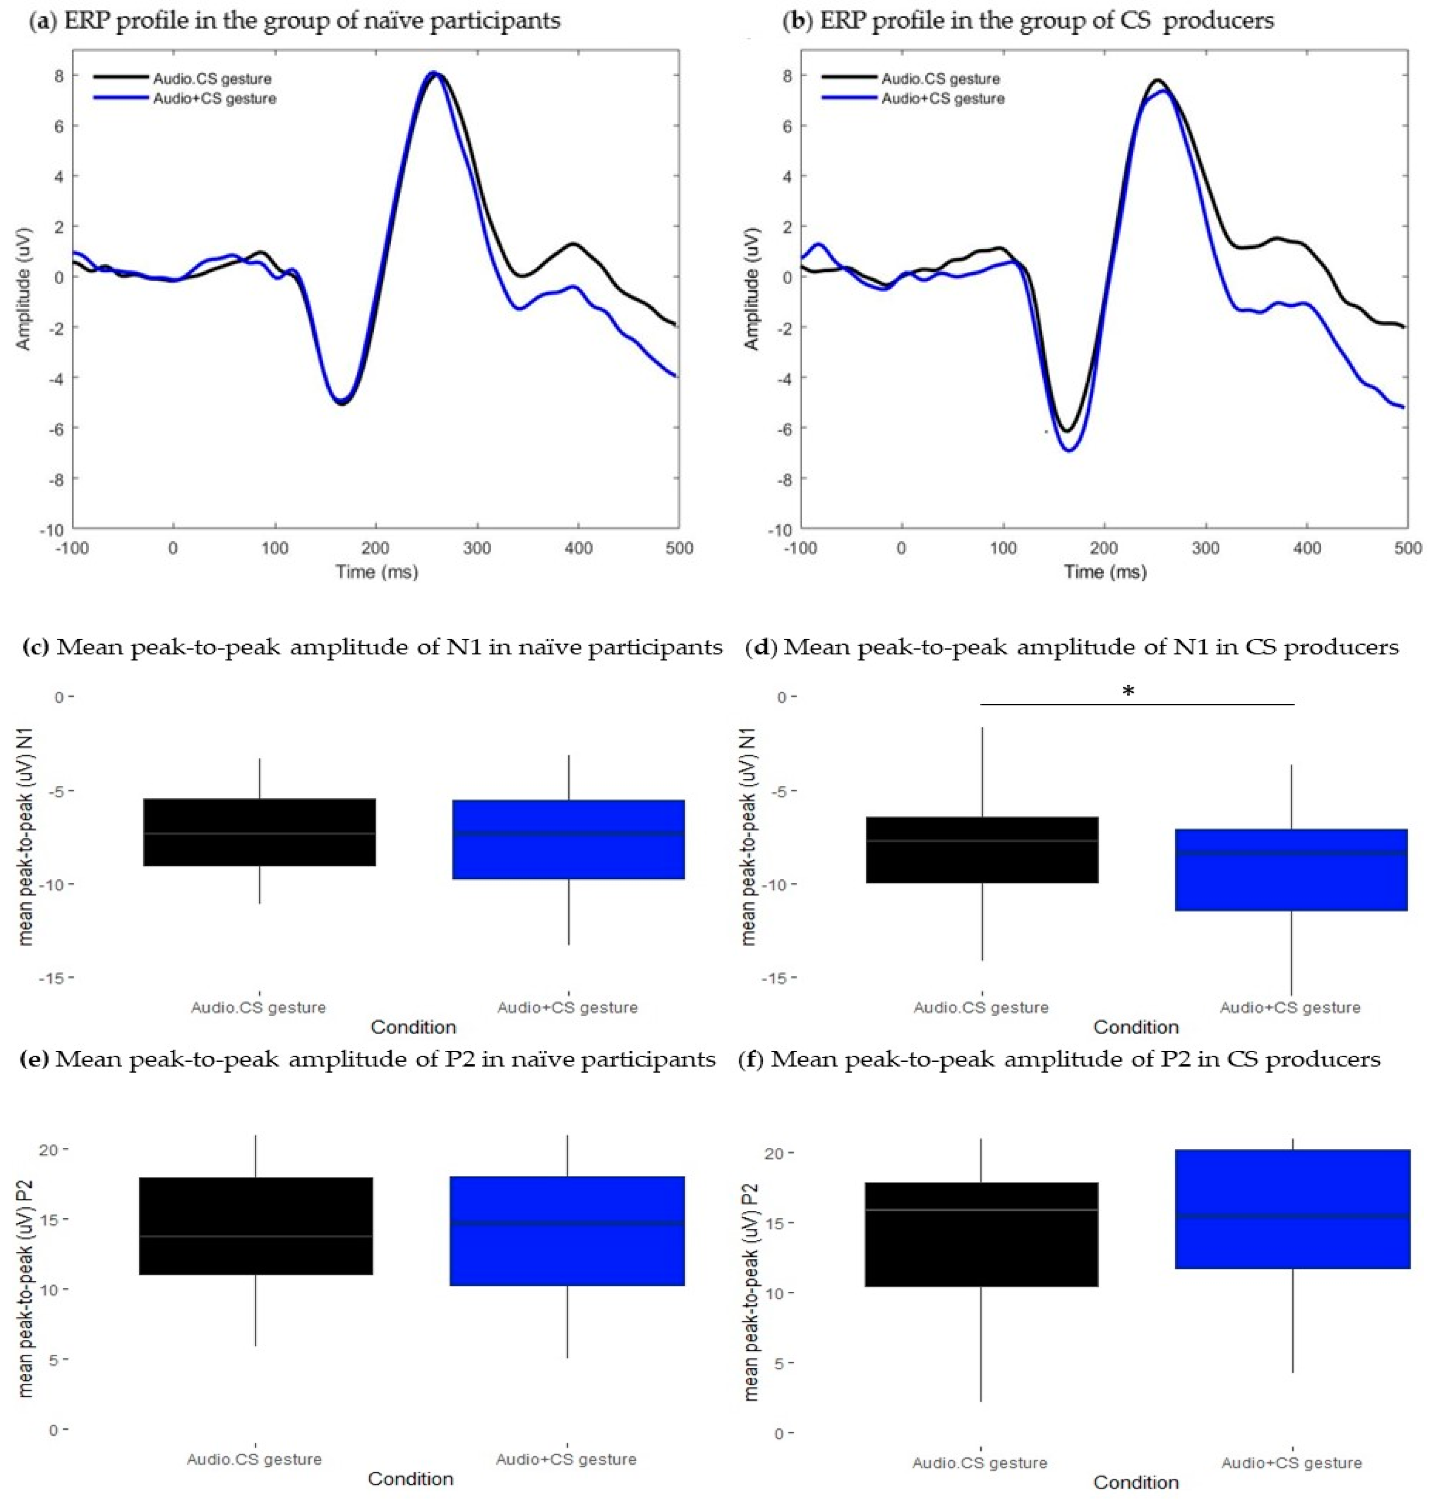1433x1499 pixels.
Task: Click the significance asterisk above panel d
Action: point(1128,692)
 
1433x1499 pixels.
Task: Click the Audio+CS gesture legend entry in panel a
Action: point(214,98)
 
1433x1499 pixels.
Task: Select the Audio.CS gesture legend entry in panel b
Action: point(940,79)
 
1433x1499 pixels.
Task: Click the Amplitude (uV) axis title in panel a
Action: point(24,289)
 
